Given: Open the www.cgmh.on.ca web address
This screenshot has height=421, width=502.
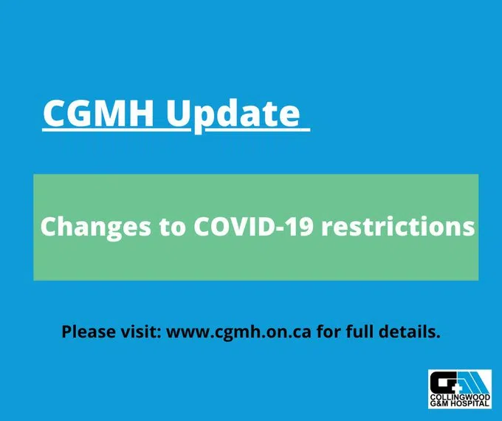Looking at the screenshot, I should [239, 332].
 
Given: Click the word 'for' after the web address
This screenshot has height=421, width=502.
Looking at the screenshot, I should [328, 331].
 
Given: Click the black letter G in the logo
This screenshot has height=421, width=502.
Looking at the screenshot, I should [443, 383].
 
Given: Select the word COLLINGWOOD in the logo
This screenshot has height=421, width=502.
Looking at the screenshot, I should [459, 397].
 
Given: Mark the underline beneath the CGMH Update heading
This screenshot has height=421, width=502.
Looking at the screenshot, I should [176, 131].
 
